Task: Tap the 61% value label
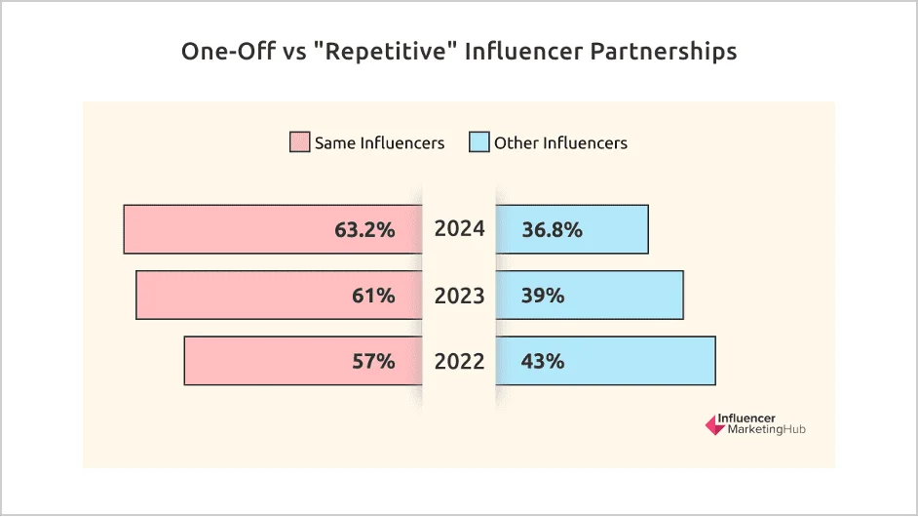[x=373, y=296]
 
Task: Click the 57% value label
[x=373, y=361]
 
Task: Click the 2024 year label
[x=459, y=230]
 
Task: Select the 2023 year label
[x=459, y=296]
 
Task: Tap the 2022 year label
[x=459, y=361]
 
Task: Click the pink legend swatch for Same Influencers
[x=299, y=142]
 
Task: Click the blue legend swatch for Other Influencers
[x=478, y=142]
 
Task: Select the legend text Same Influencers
[x=379, y=142]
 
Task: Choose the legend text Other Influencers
[x=560, y=142]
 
